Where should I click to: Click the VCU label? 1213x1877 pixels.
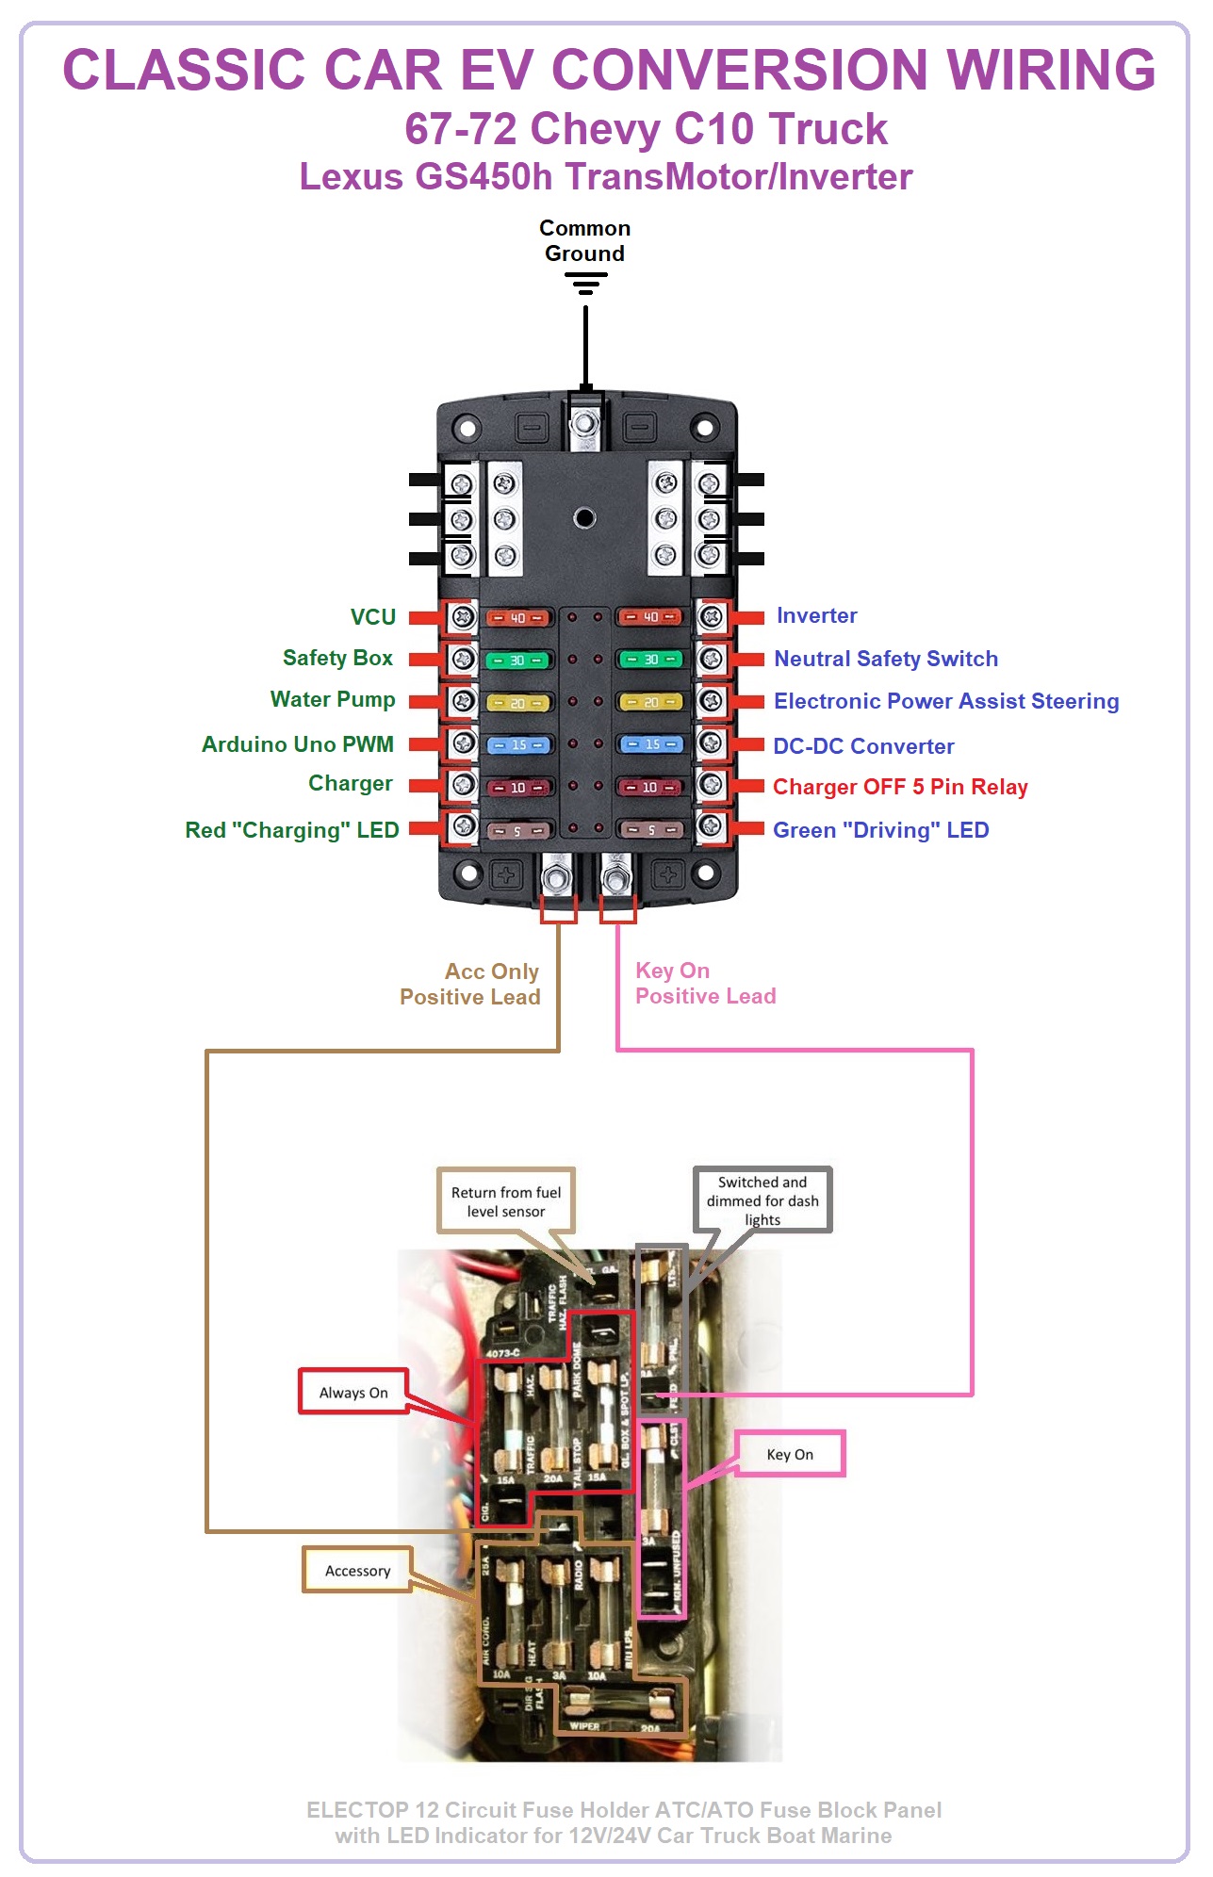pyautogui.click(x=372, y=617)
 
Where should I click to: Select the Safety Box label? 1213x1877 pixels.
pyautogui.click(x=337, y=659)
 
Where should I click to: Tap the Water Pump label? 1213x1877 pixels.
pyautogui.click(x=332, y=700)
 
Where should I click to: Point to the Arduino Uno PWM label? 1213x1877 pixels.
pyautogui.click(x=297, y=744)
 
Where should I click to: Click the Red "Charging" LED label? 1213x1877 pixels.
pyautogui.click(x=291, y=830)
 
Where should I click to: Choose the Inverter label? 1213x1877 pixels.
pyautogui.click(x=816, y=616)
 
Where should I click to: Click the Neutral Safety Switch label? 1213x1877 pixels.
pyautogui.click(x=885, y=659)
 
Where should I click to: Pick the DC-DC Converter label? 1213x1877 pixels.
pyautogui.click(x=863, y=746)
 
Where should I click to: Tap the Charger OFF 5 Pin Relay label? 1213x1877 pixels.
pyautogui.click(x=899, y=787)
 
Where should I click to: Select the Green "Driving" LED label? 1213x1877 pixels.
pyautogui.click(x=880, y=830)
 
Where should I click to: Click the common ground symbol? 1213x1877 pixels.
pyautogui.click(x=585, y=283)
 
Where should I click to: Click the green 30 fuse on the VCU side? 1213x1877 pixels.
pyautogui.click(x=517, y=661)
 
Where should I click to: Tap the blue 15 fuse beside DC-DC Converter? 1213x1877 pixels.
pyautogui.click(x=651, y=744)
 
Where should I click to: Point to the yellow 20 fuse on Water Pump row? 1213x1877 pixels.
pyautogui.click(x=517, y=703)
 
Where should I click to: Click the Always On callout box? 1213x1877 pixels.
pyautogui.click(x=353, y=1392)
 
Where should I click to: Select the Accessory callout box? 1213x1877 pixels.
pyautogui.click(x=357, y=1571)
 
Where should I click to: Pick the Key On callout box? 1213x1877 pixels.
pyautogui.click(x=790, y=1454)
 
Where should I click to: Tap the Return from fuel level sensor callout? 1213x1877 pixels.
pyautogui.click(x=506, y=1201)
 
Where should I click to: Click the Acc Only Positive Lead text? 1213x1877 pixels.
pyautogui.click(x=470, y=984)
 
